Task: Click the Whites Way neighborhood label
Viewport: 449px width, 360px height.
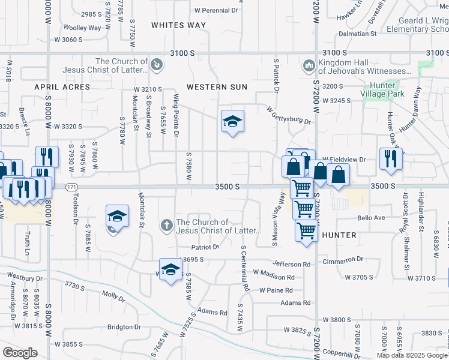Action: pos(178,25)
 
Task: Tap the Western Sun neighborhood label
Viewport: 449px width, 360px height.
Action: pos(217,87)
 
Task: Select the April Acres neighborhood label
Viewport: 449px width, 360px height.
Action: pos(62,87)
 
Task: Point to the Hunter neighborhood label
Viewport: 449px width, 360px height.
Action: pos(339,235)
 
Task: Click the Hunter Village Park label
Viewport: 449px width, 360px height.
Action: pos(382,89)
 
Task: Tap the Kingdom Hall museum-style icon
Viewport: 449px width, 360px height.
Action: pos(309,64)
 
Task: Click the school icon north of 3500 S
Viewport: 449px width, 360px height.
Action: pos(232,121)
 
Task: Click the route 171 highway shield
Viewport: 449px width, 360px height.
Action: pos(71,187)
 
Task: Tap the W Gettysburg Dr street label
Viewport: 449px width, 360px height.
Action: pos(289,115)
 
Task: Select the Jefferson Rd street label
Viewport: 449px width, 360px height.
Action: pos(291,264)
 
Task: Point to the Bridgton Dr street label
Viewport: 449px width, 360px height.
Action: pos(124,327)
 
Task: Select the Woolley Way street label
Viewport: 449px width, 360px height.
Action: pos(82,28)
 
